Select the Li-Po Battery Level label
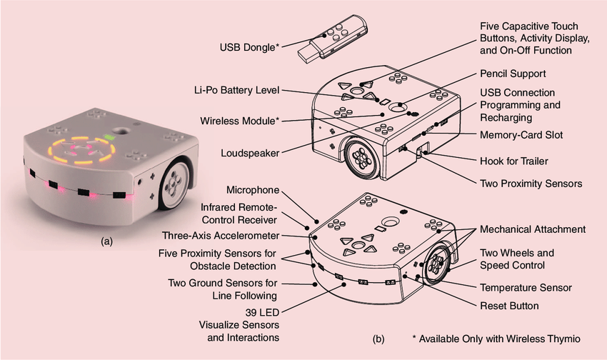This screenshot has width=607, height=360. click(x=236, y=90)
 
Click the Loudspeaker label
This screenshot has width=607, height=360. click(x=250, y=151)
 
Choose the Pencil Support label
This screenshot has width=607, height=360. click(x=513, y=74)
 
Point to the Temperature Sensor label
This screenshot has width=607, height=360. click(x=525, y=287)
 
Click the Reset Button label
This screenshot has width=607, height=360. click(x=510, y=306)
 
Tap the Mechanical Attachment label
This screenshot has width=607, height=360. click(x=532, y=229)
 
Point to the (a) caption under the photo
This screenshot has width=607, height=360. click(x=107, y=241)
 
